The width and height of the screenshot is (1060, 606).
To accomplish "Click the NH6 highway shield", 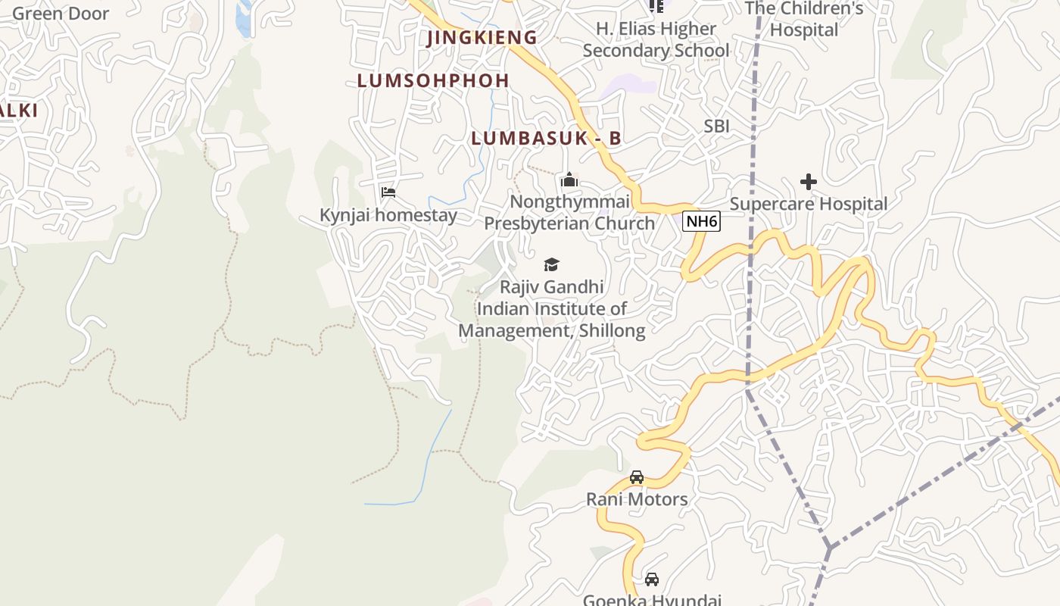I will [701, 222].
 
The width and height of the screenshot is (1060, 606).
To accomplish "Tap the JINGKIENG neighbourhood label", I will [482, 38].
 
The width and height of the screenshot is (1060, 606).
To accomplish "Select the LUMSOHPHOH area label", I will [433, 80].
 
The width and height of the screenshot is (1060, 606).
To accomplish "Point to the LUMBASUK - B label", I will [546, 138].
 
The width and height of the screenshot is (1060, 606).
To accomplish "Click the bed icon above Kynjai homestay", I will [388, 192].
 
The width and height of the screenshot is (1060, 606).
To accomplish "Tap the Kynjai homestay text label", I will [388, 215].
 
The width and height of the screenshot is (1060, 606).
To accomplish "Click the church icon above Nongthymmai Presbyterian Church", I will [569, 180].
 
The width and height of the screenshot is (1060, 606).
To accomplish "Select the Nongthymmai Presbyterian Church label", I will [569, 213].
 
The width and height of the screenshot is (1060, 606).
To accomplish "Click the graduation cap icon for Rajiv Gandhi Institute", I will [551, 264].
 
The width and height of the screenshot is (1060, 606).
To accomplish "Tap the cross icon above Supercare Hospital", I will [809, 182].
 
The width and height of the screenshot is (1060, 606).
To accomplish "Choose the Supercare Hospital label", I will [809, 204].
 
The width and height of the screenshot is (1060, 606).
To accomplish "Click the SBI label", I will [716, 126].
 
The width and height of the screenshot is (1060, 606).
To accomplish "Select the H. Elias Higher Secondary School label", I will [656, 39].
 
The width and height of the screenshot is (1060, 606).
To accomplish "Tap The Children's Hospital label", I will [804, 20].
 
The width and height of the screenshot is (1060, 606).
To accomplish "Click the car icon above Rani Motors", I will [637, 477].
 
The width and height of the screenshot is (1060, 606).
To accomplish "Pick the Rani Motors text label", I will [637, 499].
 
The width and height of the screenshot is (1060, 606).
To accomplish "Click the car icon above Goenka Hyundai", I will [651, 579].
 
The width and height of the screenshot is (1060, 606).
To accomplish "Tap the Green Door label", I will [61, 14].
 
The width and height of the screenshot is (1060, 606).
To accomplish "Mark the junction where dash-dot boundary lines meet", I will [829, 546].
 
